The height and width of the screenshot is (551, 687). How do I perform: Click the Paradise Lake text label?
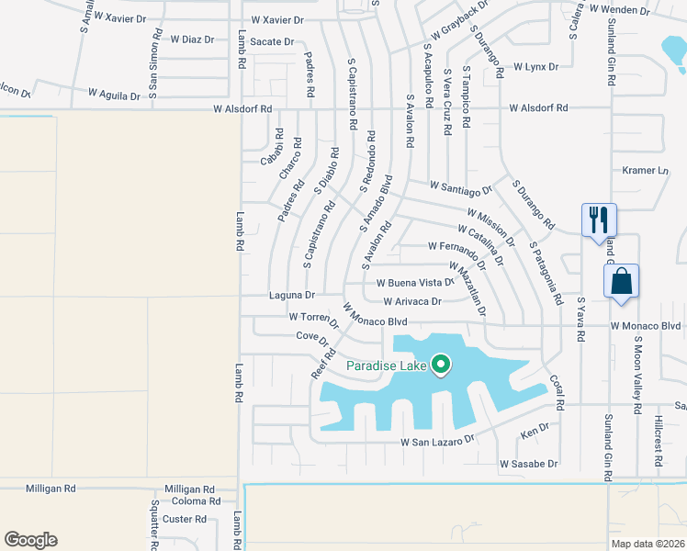(x=386, y=366)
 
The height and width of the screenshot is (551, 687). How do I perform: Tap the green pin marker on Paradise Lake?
(x=441, y=365)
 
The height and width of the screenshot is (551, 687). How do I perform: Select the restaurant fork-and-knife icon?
(x=599, y=220)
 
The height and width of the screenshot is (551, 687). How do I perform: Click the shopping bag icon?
(x=621, y=281)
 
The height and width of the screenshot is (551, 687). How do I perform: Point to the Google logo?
(x=30, y=540)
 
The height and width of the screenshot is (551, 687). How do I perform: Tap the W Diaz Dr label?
(x=192, y=39)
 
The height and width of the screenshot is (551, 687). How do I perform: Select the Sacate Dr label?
(x=272, y=41)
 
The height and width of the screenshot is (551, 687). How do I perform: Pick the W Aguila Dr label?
(x=114, y=94)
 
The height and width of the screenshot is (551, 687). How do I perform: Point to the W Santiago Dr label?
(x=460, y=189)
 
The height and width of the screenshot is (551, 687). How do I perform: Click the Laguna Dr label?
(x=292, y=296)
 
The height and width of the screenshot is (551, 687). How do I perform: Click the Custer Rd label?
(x=184, y=519)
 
